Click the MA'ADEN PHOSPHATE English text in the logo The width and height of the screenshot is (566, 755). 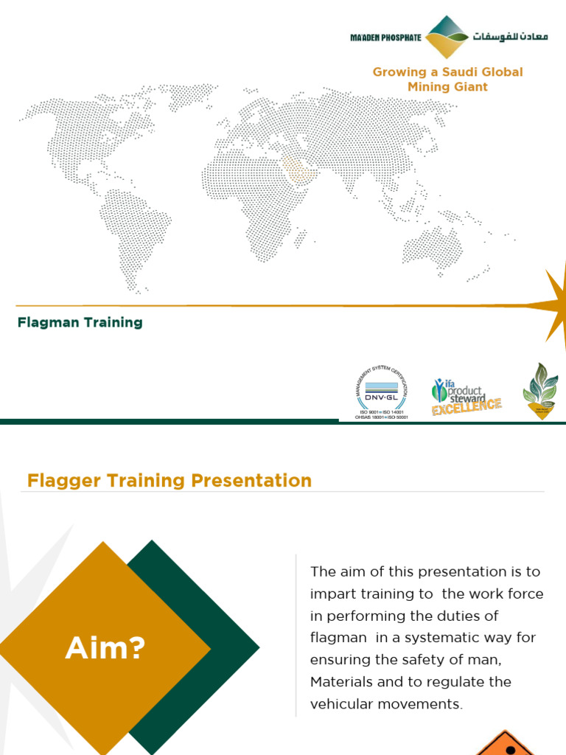(385, 38)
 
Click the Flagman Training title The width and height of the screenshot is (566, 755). (80, 322)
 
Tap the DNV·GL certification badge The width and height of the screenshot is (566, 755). (383, 390)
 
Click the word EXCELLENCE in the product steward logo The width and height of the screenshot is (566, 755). (467, 406)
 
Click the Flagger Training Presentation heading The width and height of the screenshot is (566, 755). (170, 481)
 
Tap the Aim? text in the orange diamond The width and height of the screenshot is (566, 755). (105, 649)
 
